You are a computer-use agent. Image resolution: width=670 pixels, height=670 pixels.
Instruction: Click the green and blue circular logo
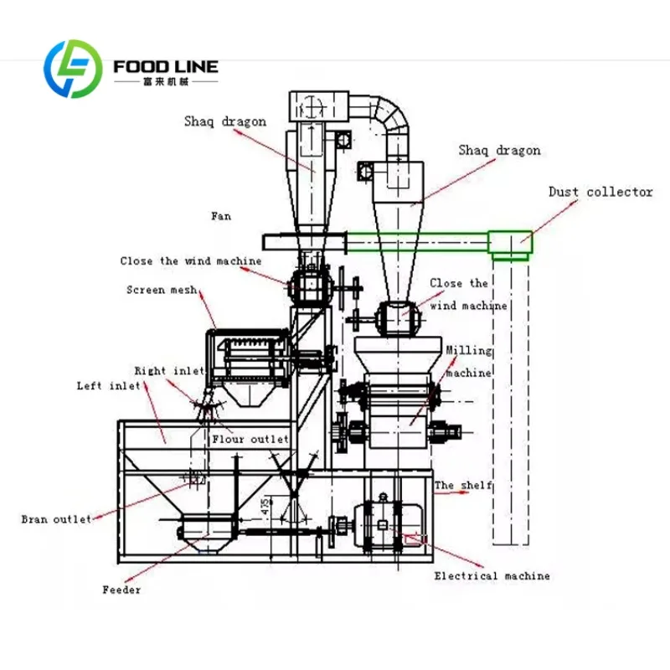(x=73, y=69)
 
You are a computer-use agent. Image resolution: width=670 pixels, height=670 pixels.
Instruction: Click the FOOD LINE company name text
(x=166, y=67)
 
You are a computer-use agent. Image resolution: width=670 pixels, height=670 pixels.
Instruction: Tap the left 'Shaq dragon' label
(x=225, y=121)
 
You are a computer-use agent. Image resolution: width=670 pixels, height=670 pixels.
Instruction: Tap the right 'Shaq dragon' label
(x=499, y=151)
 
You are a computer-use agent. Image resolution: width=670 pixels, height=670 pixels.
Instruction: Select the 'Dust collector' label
(x=600, y=192)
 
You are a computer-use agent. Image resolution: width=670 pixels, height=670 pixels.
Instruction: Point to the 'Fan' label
(x=221, y=216)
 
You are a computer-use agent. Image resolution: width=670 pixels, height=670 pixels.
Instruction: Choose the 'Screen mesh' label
(x=162, y=290)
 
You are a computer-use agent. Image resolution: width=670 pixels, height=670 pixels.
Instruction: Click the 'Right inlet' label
(x=169, y=370)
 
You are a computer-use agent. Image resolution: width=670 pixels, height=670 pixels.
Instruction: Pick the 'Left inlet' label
(x=109, y=386)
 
